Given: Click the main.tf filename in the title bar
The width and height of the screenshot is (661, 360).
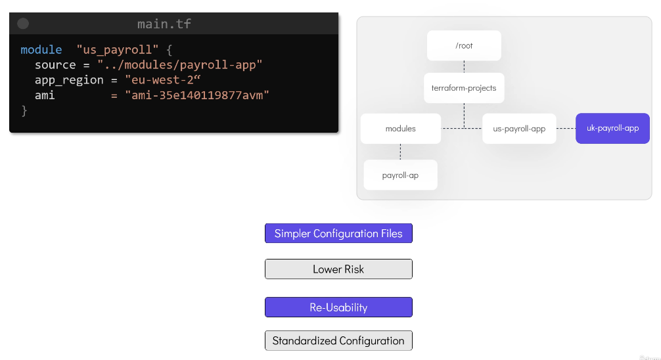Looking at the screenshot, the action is tap(164, 24).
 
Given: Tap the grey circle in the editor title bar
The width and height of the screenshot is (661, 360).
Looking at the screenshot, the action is tap(23, 24).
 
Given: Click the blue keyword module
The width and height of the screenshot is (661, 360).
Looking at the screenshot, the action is tap(41, 50).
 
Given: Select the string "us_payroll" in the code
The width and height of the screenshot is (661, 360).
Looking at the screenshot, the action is tap(117, 50).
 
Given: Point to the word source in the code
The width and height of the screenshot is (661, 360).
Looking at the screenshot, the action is tap(55, 65).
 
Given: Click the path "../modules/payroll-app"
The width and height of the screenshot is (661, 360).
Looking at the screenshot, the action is tap(179, 65).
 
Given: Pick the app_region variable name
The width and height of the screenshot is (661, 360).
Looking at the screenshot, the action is tap(69, 80).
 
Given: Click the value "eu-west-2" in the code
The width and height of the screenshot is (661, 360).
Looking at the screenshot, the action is tap(163, 80).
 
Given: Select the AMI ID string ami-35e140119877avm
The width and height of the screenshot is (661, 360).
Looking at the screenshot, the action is tap(197, 95).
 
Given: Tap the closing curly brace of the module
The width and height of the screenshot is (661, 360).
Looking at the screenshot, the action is tap(24, 110).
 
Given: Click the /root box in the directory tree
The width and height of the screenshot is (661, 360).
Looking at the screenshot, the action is tap(464, 45).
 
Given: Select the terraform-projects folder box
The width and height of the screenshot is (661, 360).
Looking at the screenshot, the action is tap(464, 88).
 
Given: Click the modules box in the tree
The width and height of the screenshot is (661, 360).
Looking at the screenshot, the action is tap(401, 129).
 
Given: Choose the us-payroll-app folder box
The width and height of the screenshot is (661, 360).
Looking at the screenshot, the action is tap(519, 129).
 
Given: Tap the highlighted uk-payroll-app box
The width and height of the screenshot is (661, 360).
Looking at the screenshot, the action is tap(612, 128).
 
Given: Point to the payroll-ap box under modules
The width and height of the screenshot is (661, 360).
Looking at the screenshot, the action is tap(401, 175).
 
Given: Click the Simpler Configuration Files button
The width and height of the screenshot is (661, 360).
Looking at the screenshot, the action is tap(338, 233).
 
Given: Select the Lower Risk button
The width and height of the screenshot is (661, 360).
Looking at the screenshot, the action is tap(338, 269).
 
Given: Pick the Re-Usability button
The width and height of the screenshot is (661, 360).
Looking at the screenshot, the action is tap(338, 307).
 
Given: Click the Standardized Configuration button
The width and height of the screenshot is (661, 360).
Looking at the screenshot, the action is tap(338, 340).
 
